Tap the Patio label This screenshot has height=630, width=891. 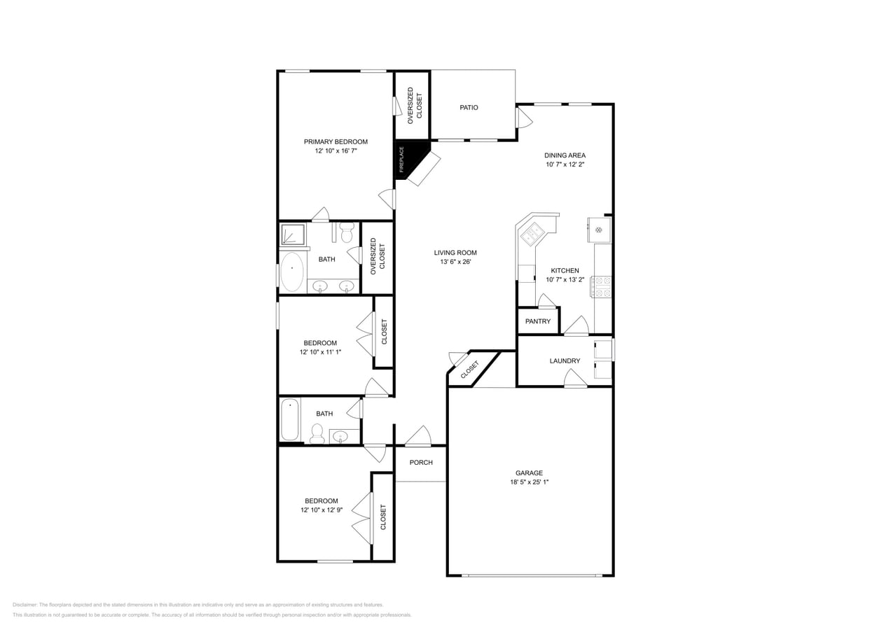pos(469,107)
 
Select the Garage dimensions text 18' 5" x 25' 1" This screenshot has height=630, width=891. pos(529,482)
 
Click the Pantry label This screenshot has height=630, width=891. pos(538,321)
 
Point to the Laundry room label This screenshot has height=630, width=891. pos(565,361)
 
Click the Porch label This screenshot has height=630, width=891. pos(421,462)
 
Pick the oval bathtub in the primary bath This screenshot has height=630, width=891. pos(292,272)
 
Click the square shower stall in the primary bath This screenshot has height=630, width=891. pos(293,234)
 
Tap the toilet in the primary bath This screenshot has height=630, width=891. pos(347,232)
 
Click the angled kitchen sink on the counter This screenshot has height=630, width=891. pos(532,234)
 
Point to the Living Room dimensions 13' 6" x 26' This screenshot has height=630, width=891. pos(455,262)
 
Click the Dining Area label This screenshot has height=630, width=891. pos(565,155)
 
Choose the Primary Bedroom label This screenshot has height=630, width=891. pos(336,141)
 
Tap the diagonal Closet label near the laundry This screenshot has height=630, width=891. pos(470,370)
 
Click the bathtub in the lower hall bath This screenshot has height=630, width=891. pos(290,420)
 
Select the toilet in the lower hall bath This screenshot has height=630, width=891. pos(317,433)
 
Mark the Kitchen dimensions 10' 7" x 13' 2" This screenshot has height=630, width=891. pos(565,279)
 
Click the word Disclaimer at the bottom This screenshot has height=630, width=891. pos(25,605)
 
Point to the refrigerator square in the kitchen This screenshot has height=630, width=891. pos(600,230)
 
